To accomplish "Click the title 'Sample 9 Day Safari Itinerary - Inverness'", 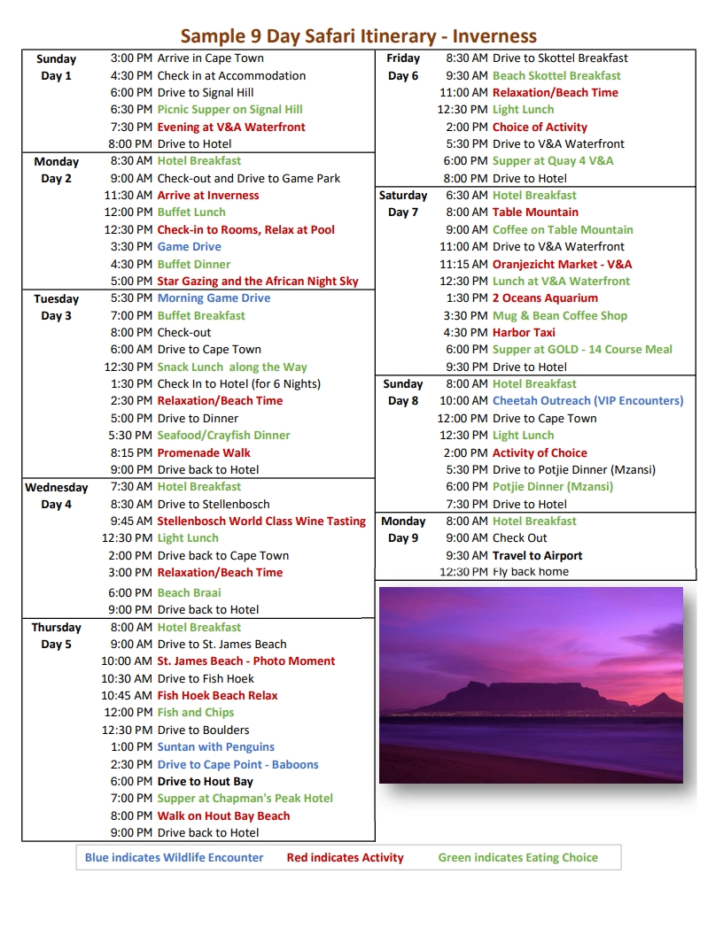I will point(359,36).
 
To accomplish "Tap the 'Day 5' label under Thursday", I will point(56,645).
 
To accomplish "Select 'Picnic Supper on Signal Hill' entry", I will point(229,110).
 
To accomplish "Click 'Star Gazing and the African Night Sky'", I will point(258,282).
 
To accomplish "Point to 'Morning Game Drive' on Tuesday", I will point(214,298).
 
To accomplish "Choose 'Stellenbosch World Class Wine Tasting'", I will point(261,522).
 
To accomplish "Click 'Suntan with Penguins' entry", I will point(215,747).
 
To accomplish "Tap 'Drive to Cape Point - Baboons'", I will point(237,765).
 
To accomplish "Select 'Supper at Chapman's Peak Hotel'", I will point(245,799).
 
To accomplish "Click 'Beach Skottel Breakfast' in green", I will point(556,76).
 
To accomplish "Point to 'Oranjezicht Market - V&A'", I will point(562,265).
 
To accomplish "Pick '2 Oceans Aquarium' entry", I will point(545,298).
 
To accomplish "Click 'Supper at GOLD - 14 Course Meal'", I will point(582,350).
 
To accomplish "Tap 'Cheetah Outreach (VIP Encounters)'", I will point(587,401).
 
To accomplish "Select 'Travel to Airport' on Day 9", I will point(537,556).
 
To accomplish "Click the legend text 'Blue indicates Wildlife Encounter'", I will point(174,858).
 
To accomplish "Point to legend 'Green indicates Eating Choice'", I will point(517,858).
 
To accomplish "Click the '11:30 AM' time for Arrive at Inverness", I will point(128,196).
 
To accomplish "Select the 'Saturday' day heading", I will point(403,196).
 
